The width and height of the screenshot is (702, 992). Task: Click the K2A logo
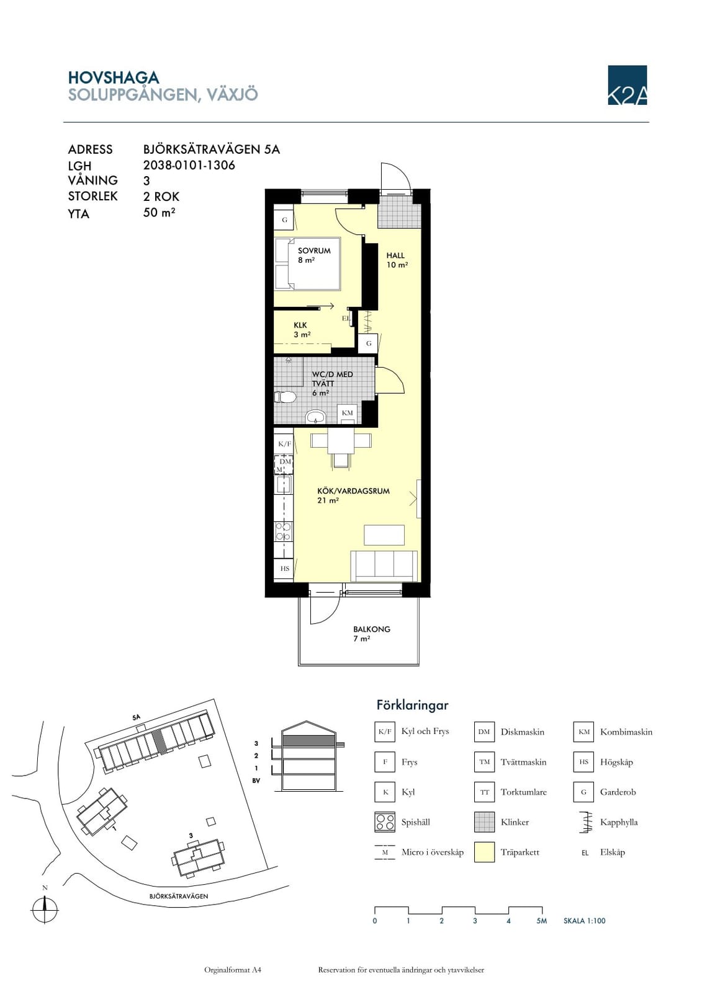pyautogui.click(x=627, y=85)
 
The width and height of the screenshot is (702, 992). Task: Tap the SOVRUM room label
pyautogui.click(x=314, y=250)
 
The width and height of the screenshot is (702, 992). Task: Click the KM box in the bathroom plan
pyautogui.click(x=347, y=413)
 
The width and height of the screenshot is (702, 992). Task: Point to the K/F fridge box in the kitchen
pyautogui.click(x=284, y=444)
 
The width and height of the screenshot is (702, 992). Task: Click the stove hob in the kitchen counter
pyautogui.click(x=284, y=531)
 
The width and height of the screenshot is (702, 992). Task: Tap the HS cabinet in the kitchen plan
pyautogui.click(x=284, y=569)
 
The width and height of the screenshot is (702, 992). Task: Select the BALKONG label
pyautogui.click(x=372, y=629)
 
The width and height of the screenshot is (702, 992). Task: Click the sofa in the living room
pyautogui.click(x=384, y=565)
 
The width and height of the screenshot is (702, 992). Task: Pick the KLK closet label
pyautogui.click(x=300, y=325)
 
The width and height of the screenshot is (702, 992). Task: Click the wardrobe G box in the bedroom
pyautogui.click(x=284, y=219)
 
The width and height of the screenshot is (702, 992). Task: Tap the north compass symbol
pyautogui.click(x=44, y=910)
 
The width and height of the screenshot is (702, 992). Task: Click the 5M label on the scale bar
pyautogui.click(x=541, y=921)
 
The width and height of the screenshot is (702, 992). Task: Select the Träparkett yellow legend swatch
pyautogui.click(x=484, y=852)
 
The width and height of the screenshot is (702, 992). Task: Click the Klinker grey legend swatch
pyautogui.click(x=484, y=822)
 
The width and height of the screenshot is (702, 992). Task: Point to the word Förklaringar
pyautogui.click(x=412, y=704)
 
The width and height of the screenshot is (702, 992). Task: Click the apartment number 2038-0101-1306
pyautogui.click(x=189, y=165)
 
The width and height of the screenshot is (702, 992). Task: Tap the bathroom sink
pyautogui.click(x=316, y=416)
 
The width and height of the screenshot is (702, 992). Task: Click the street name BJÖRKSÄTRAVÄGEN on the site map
pyautogui.click(x=179, y=896)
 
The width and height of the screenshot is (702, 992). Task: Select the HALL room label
pyautogui.click(x=395, y=255)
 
